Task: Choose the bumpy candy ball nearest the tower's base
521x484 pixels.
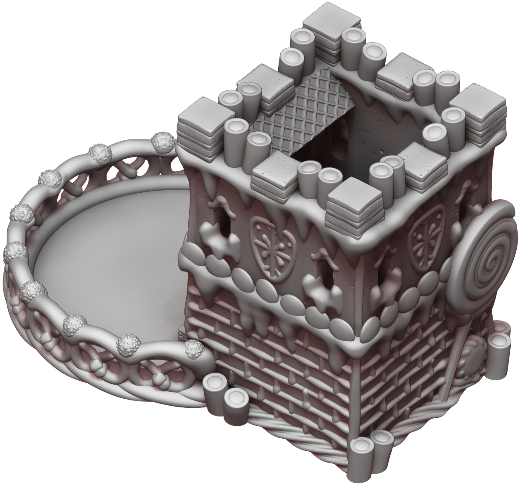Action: click(194, 348)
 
